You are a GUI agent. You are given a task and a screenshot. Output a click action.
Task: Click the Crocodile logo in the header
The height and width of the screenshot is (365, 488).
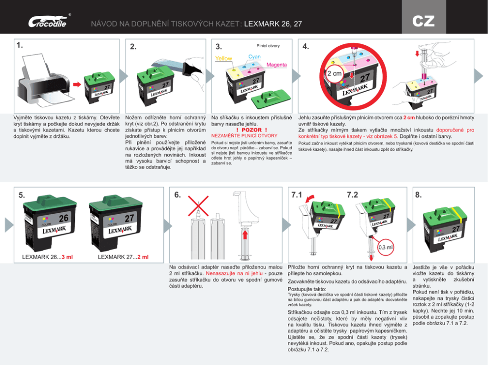pos(47,22)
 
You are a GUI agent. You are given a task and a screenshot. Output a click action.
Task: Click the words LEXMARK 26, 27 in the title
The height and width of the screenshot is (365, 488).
pos(273,24)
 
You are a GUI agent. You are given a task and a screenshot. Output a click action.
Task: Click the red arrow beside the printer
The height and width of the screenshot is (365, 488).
pos(76,84)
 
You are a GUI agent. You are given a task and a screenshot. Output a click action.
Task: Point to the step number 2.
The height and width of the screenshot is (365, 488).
pos(133,47)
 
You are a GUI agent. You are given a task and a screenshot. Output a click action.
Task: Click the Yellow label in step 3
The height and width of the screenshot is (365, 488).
pos(224,59)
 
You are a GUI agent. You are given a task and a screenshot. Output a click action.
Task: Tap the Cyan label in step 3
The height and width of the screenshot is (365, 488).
pos(254,57)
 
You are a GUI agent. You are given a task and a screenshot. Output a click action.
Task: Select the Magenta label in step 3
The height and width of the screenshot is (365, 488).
pos(276,65)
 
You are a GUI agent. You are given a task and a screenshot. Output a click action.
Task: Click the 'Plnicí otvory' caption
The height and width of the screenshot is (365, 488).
pos(268,46)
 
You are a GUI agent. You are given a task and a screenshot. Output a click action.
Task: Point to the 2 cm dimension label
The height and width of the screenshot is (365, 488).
pos(335,73)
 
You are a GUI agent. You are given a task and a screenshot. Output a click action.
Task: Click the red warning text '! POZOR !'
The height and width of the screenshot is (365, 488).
pos(251,130)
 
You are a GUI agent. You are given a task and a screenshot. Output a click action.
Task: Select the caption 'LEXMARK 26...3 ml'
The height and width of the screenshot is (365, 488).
pos(48,257)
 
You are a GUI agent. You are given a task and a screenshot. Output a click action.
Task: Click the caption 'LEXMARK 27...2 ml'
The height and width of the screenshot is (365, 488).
pos(123,257)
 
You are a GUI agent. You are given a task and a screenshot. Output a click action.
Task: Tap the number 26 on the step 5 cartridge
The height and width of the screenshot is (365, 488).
pos(63,218)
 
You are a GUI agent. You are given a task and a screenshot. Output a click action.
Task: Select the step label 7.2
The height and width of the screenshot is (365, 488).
pos(353,195)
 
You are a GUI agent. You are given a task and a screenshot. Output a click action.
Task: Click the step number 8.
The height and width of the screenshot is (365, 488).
pos(418,195)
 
